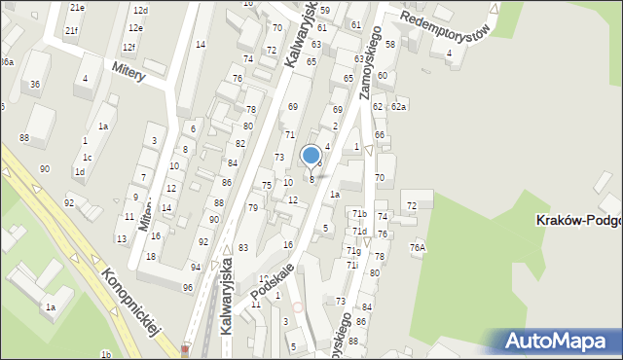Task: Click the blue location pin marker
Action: [311, 156]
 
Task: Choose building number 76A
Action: [418, 247]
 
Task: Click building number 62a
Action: [398, 106]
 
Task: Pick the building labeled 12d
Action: [140, 10]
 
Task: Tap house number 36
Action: [35, 85]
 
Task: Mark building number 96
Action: [187, 287]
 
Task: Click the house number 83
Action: [242, 248]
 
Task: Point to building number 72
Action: [412, 206]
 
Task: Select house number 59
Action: [324, 10]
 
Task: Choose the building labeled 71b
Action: [359, 213]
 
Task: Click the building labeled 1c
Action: [88, 158]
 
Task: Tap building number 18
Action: [150, 256]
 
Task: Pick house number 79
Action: [252, 208]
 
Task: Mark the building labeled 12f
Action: [128, 47]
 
